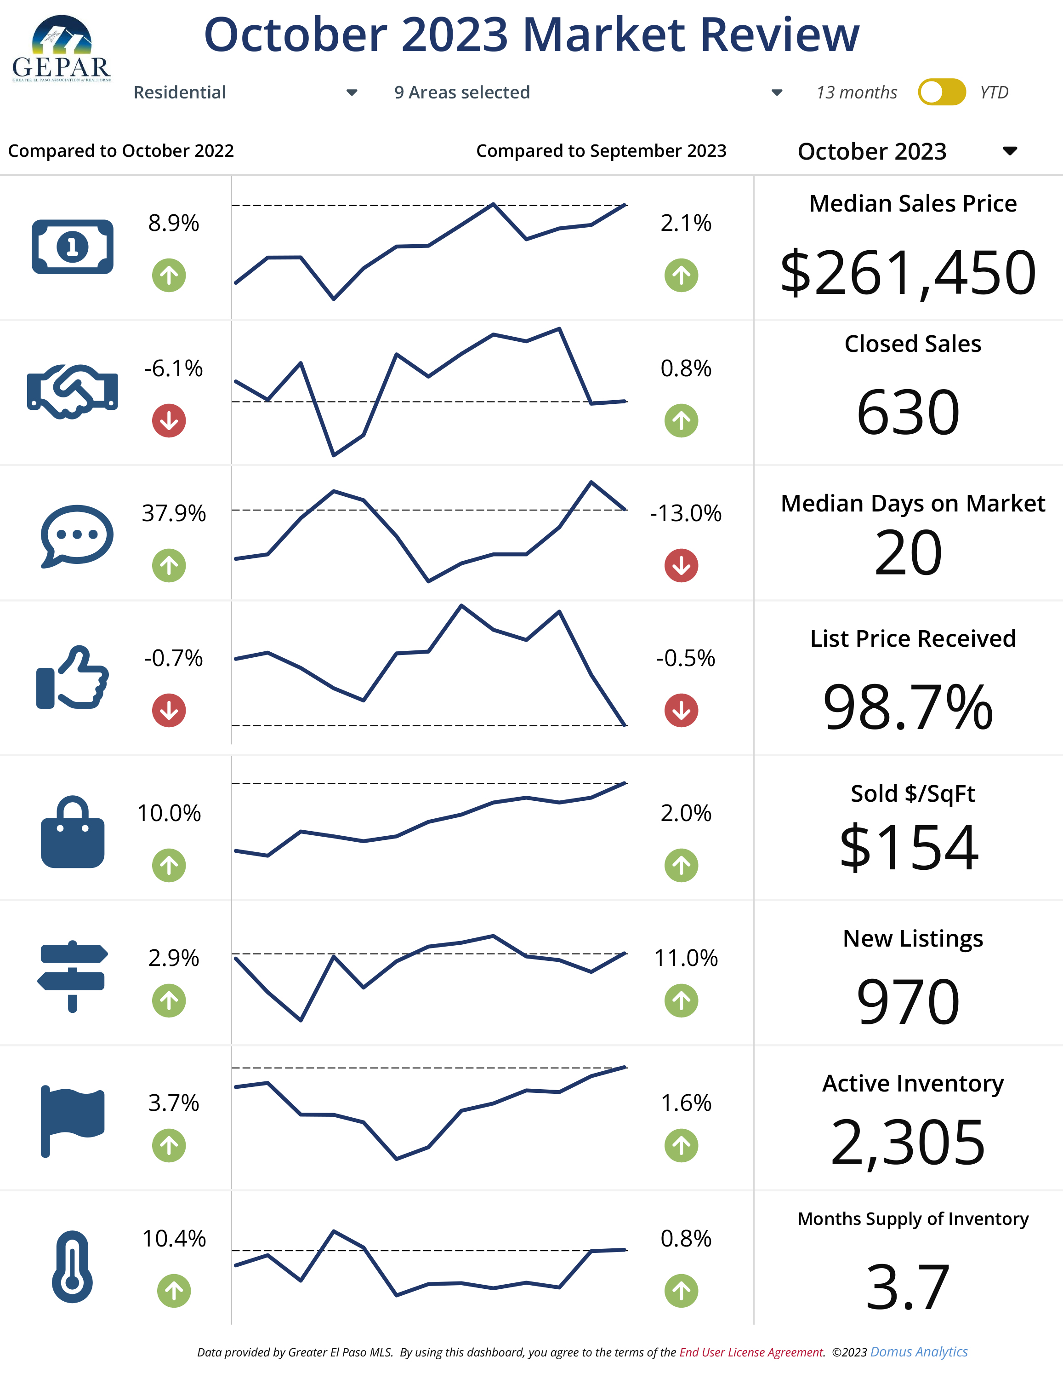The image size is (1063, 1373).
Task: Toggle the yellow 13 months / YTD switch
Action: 941,92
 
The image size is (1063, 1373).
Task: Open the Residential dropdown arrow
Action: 352,92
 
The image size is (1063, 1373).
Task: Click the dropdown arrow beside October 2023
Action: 1010,151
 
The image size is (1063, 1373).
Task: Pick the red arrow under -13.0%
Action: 681,565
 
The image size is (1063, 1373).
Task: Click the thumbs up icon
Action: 72,678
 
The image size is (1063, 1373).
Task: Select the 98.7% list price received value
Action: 908,708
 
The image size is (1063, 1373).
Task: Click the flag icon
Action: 72,1120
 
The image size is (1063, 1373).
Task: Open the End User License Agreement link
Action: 751,1352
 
